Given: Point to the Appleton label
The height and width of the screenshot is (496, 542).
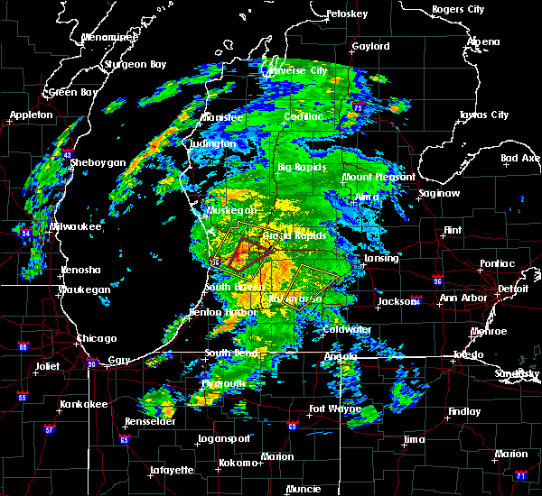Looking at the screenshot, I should pos(30,115).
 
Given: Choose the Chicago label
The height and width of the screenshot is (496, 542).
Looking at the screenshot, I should pos(97,338).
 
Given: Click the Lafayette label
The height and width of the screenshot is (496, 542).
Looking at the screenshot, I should pos(172,470).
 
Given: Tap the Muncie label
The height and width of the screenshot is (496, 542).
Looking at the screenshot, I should pos(304,489).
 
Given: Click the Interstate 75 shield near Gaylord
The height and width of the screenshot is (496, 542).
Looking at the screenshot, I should pos(358,106).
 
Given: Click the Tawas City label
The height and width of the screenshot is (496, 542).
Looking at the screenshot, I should pos(486,115).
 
